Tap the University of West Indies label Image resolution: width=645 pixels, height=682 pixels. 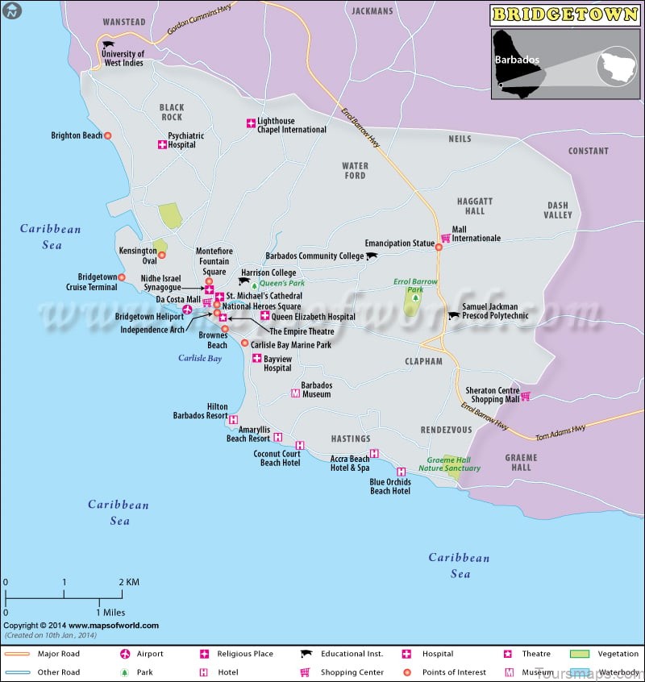pos(122,58)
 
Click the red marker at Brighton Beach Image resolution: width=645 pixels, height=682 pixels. pos(108,135)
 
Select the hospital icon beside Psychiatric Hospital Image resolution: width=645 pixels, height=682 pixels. pos(161,145)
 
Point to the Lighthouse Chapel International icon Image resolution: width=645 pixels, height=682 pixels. pos(251,123)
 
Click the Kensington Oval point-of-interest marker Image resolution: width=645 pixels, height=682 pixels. pos(161,256)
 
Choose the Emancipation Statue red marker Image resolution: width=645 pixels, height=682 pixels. pos(439,247)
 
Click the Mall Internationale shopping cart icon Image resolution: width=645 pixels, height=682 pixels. pos(444,238)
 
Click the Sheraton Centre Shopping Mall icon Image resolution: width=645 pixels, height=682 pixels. pos(526,396)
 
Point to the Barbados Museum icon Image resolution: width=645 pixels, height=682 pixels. pos(294,393)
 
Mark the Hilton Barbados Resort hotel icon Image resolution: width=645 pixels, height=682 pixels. pos(234,419)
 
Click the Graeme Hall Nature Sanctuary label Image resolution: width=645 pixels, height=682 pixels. pos(453,464)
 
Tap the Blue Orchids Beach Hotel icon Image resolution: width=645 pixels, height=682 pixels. pos(401,472)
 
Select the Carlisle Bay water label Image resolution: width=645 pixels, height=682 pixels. pos(200,358)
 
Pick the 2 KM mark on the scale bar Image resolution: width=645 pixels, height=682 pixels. pos(128,582)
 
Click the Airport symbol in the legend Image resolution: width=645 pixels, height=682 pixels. pos(125,654)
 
